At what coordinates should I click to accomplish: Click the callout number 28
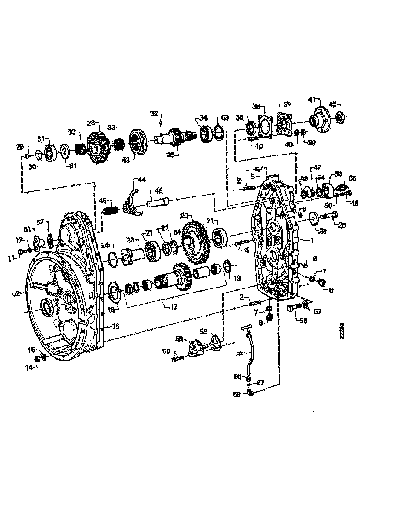point(91,123)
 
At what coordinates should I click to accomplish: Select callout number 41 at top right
point(312,99)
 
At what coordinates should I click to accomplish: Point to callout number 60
point(165,351)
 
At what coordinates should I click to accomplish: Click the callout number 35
point(171,155)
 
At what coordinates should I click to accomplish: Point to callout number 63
point(225,118)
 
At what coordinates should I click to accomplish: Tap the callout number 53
point(339,173)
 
